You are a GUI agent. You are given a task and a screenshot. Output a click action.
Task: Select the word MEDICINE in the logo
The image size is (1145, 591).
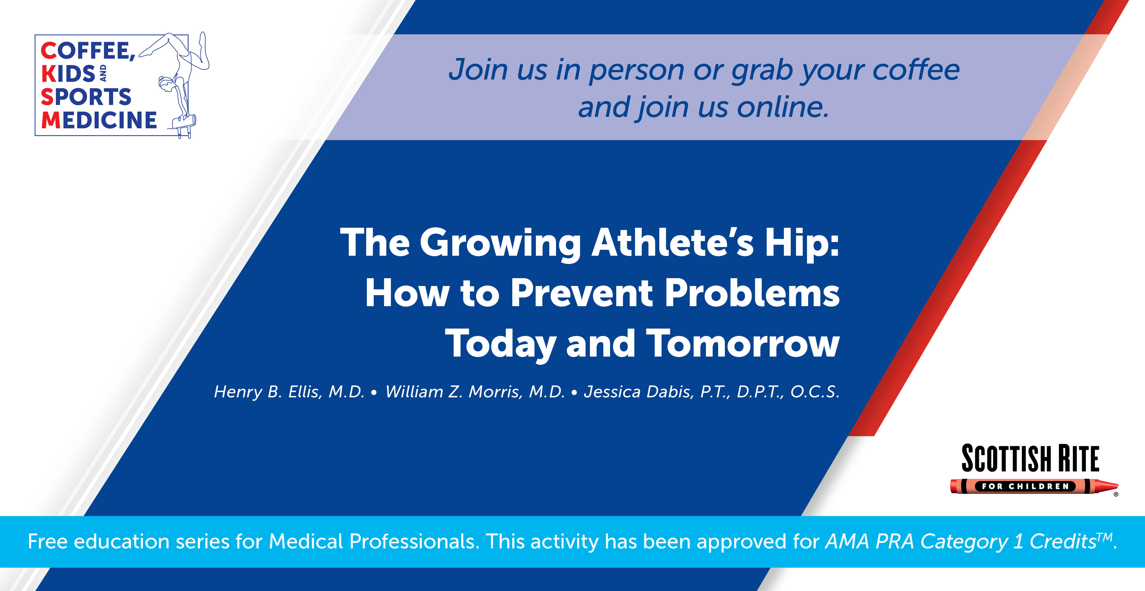[x=99, y=120]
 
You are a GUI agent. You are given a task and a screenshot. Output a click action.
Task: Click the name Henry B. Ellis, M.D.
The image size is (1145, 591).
[x=289, y=392]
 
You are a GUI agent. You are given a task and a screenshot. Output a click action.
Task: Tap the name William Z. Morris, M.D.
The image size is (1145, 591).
[x=475, y=392]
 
